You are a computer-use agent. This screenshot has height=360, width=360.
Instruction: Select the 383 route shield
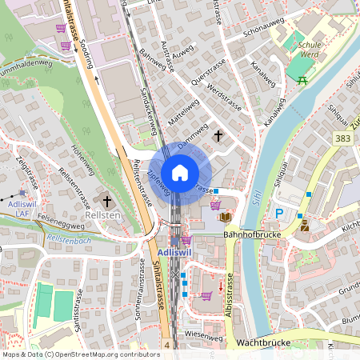click(343, 138)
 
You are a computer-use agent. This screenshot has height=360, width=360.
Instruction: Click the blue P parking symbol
click(279, 214)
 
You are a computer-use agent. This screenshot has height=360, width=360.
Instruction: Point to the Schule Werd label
click(309, 50)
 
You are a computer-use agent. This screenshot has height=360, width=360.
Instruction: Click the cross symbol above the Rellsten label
click(107, 199)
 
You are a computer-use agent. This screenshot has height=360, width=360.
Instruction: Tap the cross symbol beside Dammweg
click(218, 137)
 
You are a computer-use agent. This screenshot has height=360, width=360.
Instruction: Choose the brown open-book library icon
click(226, 217)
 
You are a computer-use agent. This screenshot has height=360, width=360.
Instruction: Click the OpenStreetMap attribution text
click(81, 354)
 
